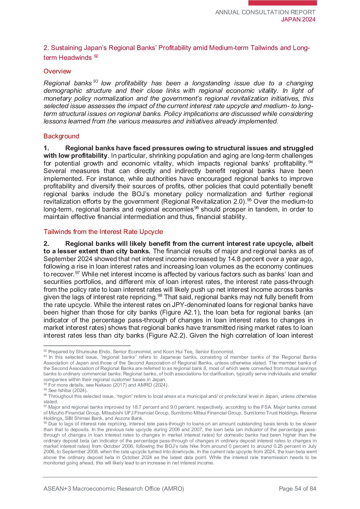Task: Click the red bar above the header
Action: pos(282,3)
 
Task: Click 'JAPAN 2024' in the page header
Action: pos(298,20)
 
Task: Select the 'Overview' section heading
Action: pos(57,71)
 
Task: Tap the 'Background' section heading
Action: pos(61,136)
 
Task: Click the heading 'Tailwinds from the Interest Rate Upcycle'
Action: pos(103,232)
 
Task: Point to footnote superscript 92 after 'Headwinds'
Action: pos(96,56)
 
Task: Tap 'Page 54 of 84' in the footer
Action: pos(297,489)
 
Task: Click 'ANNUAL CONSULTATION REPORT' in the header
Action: pos(265,12)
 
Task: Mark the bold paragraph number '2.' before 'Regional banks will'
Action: pos(46,244)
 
